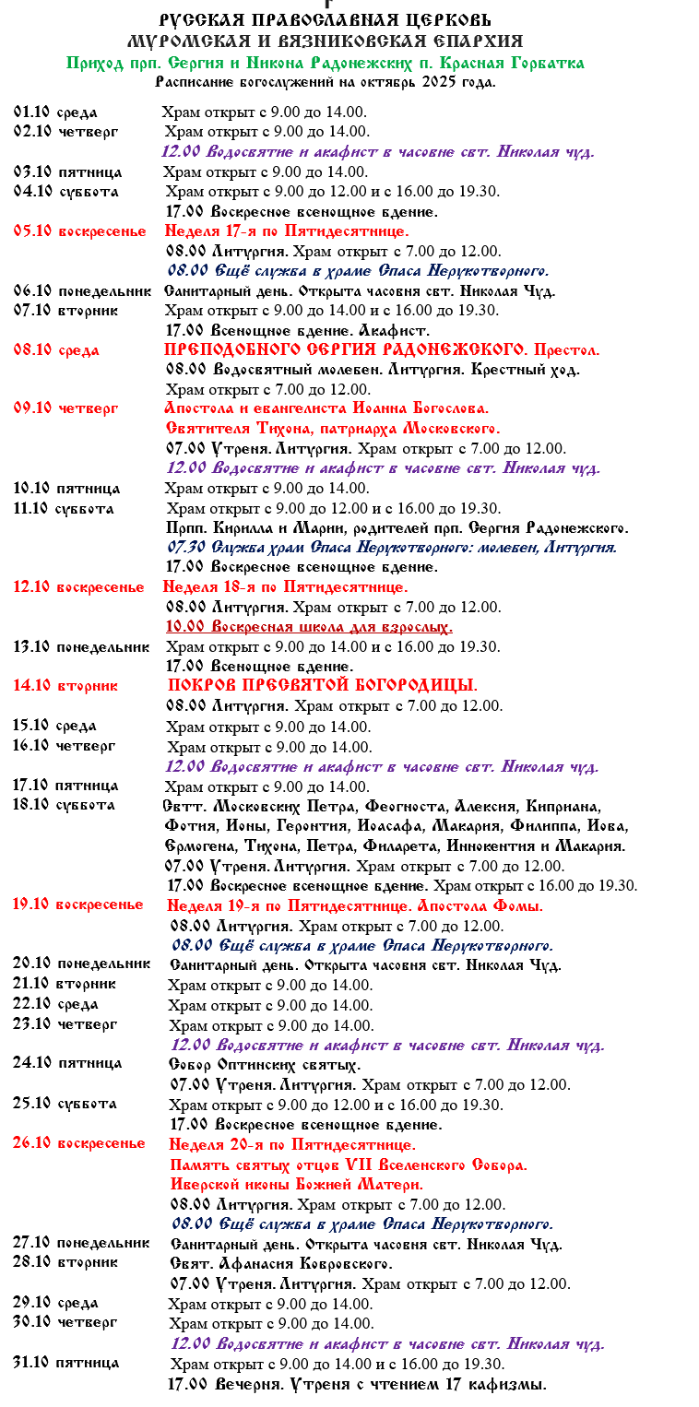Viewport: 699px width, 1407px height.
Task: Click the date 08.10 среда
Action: pos(56,350)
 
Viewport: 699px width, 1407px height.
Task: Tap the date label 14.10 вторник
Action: pos(65,686)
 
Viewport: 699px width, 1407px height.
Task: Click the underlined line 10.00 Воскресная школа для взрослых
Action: pos(309,627)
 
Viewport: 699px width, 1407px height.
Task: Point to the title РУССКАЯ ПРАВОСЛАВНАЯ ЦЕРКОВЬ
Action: pos(325,20)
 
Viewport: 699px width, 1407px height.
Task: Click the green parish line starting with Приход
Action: pos(325,63)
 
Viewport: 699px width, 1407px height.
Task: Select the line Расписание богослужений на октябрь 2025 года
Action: pos(325,81)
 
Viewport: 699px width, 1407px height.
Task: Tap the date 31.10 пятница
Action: pos(65,1363)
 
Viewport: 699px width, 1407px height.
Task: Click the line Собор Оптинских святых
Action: pos(264,1064)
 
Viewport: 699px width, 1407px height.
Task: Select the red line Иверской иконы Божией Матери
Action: pos(297,1184)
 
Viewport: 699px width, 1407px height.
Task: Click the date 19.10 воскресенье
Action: pos(77,904)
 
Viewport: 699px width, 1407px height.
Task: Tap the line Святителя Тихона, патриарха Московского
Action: pos(333,429)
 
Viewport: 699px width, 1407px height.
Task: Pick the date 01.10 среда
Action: pos(55,112)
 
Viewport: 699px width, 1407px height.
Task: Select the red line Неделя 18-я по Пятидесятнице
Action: pos(285,586)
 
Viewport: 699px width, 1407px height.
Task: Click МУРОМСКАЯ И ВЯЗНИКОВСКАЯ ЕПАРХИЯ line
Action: pos(325,41)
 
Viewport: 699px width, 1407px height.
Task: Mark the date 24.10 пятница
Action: pos(66,1063)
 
